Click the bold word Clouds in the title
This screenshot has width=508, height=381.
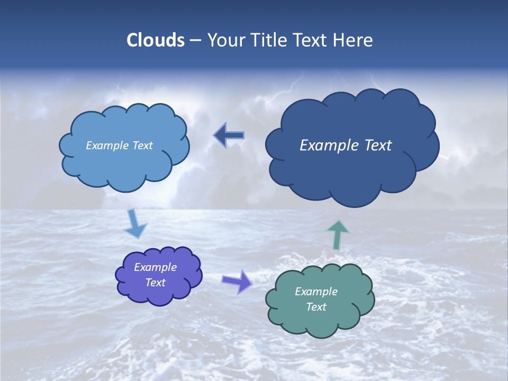pos(155,40)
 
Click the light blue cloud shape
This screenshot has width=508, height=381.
pos(124,164)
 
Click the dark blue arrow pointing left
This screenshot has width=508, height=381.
pos(229,135)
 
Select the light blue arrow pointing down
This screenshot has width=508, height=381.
pos(134,224)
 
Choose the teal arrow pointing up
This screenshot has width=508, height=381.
pos(337,234)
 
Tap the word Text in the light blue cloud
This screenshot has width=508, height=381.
pos(142,146)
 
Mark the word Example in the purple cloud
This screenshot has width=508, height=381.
pos(155,267)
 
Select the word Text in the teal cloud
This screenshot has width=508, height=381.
pos(316,307)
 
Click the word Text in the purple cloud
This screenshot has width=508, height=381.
pos(155,283)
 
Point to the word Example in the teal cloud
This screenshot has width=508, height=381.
pos(316,292)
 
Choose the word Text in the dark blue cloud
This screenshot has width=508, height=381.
pos(378,146)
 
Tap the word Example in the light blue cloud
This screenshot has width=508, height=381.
pos(107,146)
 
